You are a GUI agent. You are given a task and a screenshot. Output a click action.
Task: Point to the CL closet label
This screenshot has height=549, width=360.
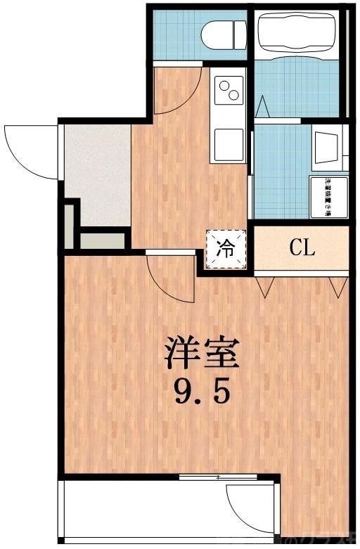[302, 247]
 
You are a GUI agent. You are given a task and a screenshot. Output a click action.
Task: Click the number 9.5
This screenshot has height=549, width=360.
[202, 392]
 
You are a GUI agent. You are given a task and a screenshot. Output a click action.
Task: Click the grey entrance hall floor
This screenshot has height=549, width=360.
[97, 172]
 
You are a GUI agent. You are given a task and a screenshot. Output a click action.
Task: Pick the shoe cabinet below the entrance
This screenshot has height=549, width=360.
[102, 240]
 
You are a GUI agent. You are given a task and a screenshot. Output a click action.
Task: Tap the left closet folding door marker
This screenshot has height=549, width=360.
[266, 285]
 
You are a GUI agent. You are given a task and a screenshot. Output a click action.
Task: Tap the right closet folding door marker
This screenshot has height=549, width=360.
[338, 285]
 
